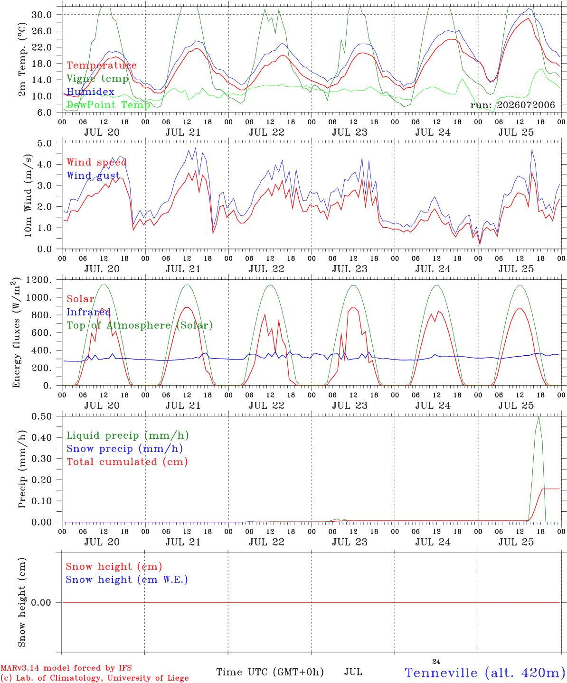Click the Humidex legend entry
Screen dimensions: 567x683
(x=90, y=92)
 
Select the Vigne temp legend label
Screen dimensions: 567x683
(x=97, y=79)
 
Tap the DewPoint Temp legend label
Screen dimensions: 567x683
(x=108, y=105)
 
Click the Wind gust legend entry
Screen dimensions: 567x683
(x=93, y=175)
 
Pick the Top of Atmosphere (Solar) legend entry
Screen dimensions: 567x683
(x=140, y=325)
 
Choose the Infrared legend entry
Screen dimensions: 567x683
(x=89, y=312)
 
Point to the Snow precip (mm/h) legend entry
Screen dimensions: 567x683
(x=124, y=449)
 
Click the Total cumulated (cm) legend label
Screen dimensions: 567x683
(x=127, y=461)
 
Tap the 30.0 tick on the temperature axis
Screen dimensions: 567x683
(x=42, y=15)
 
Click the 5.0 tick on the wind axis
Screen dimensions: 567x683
(x=45, y=143)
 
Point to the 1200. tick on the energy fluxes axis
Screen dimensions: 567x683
(x=39, y=280)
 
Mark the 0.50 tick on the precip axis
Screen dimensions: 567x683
(x=42, y=416)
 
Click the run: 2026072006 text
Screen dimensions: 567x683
(x=512, y=105)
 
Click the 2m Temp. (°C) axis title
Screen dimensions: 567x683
(x=22, y=60)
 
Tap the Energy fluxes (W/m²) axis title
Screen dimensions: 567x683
(x=16, y=332)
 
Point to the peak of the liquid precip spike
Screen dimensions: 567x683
(x=539, y=417)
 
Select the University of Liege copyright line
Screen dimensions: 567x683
(x=94, y=678)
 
